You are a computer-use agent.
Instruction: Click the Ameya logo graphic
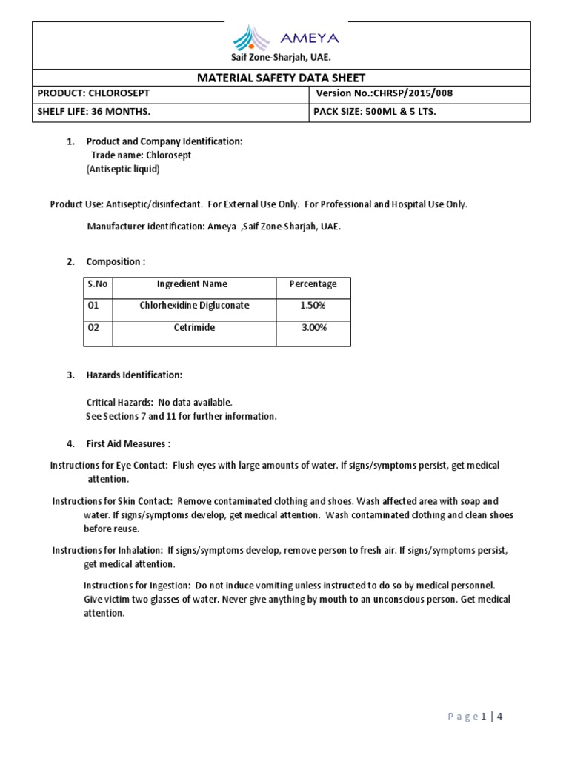tap(253, 37)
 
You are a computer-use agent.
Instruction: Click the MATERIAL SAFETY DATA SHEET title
tap(281, 78)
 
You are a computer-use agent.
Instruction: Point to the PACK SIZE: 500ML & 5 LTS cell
tap(376, 112)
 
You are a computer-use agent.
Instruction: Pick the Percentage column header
tap(313, 284)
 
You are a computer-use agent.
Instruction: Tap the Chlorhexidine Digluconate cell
tap(194, 306)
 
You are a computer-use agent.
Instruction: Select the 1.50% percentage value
tap(313, 306)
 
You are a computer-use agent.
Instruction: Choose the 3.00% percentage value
tap(313, 327)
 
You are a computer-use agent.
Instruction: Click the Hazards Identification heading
tap(134, 375)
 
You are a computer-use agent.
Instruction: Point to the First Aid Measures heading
tap(128, 444)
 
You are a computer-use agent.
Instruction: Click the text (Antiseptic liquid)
tap(123, 169)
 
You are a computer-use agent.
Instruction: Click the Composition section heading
tap(116, 261)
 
